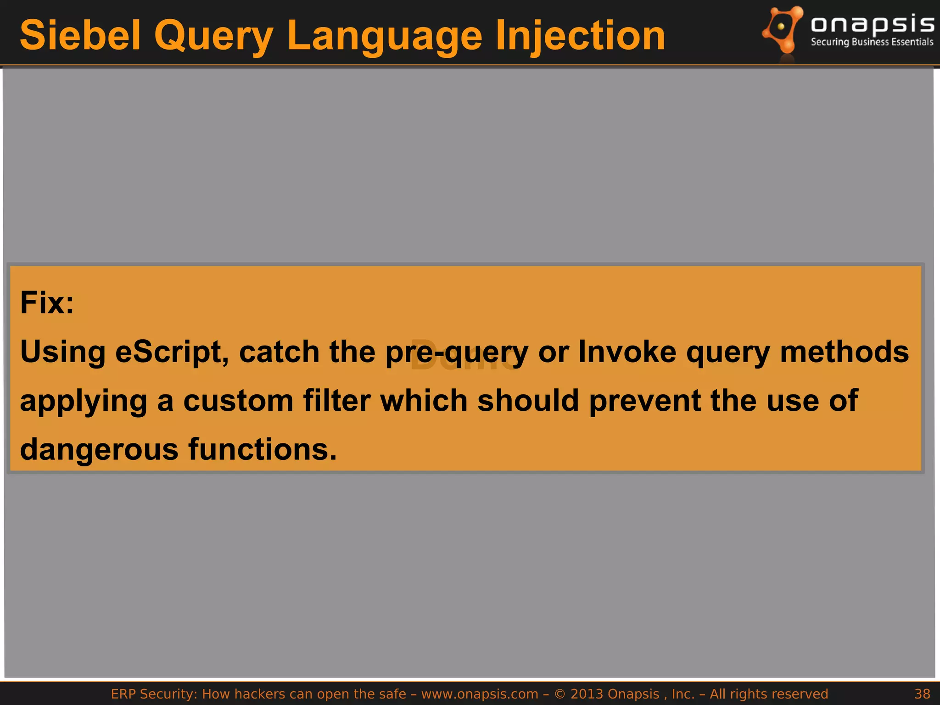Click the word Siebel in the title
(x=80, y=36)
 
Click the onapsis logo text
(x=873, y=24)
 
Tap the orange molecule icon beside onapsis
(x=783, y=30)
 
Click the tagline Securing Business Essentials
(x=872, y=42)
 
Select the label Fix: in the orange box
(x=47, y=303)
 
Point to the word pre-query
(x=457, y=352)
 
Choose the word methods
(x=844, y=352)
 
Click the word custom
(x=238, y=401)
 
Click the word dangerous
(x=99, y=450)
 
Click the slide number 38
(x=922, y=694)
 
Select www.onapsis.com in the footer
(x=480, y=694)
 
